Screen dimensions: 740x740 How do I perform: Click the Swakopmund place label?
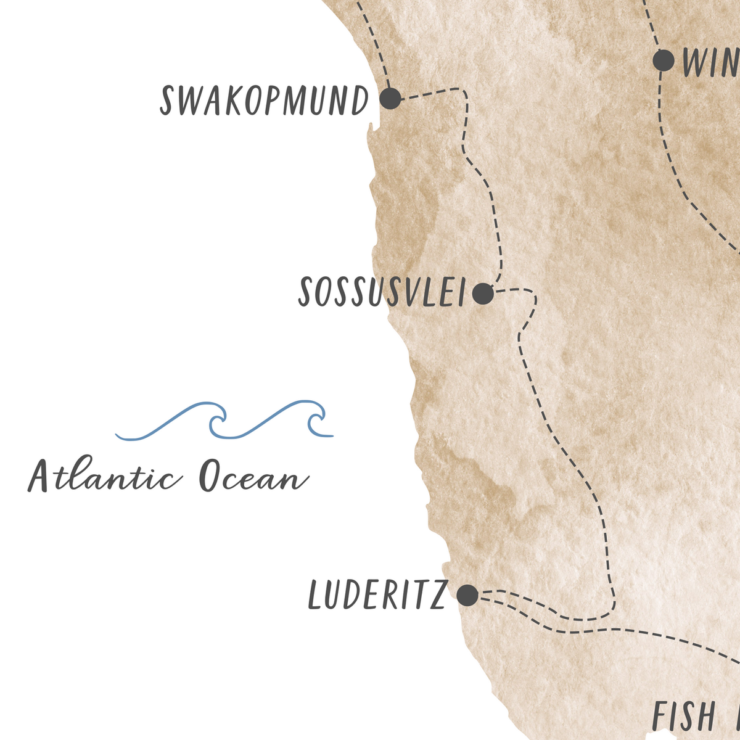pos(264,101)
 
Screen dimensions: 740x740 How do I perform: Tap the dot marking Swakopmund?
pos(390,98)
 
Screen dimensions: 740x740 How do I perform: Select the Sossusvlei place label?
pos(382,293)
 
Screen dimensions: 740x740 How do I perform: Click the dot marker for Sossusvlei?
pos(483,294)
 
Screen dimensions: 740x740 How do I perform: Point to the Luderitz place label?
pos(377,596)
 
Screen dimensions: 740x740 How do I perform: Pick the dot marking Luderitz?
pos(467,595)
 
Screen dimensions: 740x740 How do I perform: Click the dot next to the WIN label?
pos(664,60)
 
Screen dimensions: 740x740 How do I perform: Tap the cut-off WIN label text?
pos(710,62)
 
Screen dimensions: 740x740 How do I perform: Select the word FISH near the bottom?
pos(683,717)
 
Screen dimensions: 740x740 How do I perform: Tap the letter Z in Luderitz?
pos(437,596)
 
